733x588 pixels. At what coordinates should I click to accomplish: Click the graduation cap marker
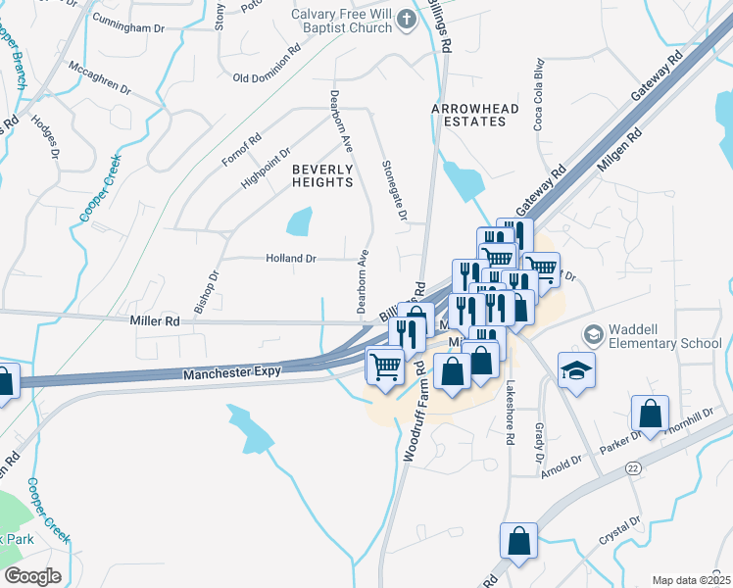[576, 369]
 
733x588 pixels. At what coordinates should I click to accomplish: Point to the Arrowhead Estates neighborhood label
[469, 114]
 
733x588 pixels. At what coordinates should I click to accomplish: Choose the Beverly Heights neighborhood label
[322, 175]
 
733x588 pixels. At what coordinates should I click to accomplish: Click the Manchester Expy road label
[232, 372]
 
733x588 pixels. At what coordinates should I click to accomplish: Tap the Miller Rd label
[156, 320]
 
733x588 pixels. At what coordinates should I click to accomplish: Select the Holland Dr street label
[291, 259]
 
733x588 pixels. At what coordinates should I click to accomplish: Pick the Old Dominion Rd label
[267, 64]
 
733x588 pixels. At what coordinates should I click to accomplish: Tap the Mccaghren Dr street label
[100, 78]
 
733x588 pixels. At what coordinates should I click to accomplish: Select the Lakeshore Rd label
[510, 414]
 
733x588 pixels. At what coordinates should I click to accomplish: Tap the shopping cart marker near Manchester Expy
[385, 367]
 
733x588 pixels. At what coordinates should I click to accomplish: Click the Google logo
[32, 576]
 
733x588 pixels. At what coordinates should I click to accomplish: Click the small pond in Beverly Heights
[300, 222]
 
